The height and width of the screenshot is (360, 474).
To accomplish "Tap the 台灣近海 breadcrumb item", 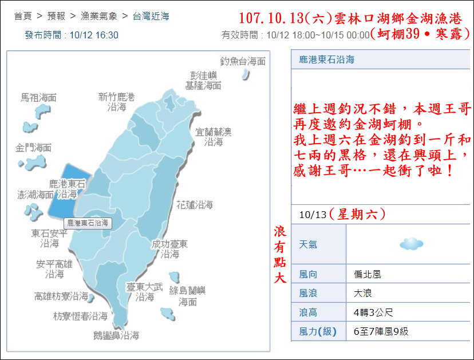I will coord(151,17).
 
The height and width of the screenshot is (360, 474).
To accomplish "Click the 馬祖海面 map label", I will coord(39,98).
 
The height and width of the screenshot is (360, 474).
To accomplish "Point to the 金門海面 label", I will coord(33,148).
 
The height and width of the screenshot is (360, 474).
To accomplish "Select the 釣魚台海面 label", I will coord(243,61).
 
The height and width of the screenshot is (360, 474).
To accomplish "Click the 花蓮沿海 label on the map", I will coord(195,204).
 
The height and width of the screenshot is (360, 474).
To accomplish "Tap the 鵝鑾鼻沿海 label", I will coord(116,335).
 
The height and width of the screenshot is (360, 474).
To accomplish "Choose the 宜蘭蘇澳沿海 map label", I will coord(214,137).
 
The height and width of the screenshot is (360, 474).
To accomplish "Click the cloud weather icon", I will coord(411,244).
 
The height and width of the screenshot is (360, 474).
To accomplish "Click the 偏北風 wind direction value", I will coord(368,274).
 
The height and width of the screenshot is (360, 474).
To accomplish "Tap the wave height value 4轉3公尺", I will coord(373,312).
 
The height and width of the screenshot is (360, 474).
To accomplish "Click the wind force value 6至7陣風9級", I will coord(381,331).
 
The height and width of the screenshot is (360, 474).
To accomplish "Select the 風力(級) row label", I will coord(318,331).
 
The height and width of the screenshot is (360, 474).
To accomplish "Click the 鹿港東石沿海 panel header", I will coord(326,60).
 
